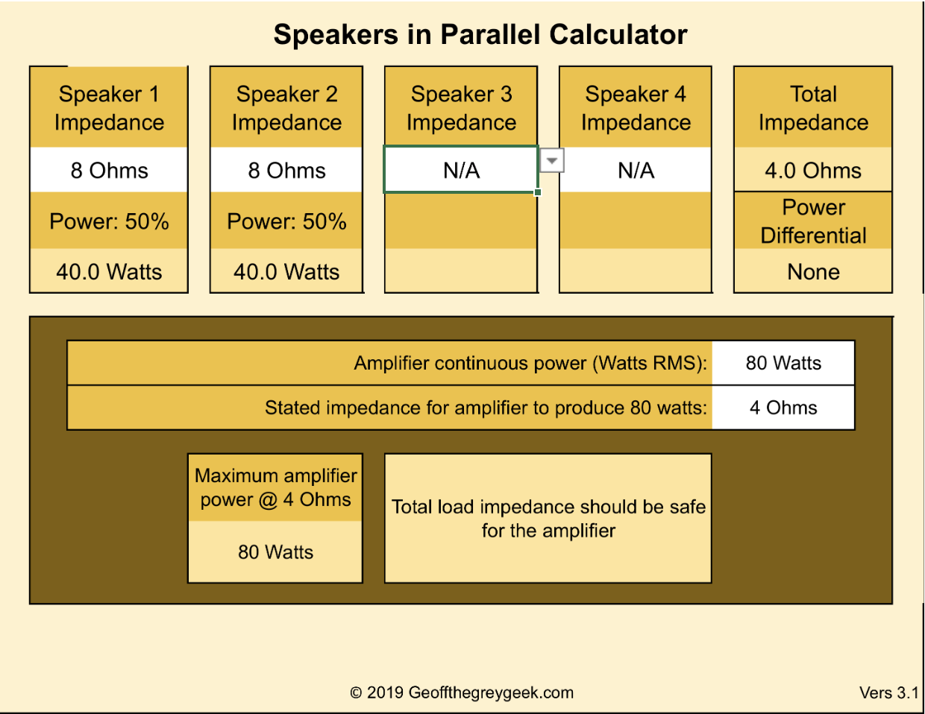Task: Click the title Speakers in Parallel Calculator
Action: [480, 35]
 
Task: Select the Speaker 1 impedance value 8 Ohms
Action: [109, 171]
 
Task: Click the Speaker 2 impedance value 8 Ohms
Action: [286, 171]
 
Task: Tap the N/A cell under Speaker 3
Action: [461, 171]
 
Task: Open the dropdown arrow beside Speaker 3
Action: [551, 160]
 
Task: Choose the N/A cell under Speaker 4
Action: [636, 171]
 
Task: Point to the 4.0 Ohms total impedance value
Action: [813, 171]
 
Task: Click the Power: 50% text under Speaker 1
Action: [109, 221]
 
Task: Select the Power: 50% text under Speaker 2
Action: [286, 221]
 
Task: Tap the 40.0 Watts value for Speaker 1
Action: [109, 272]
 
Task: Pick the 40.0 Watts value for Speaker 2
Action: [286, 272]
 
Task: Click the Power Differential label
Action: [813, 221]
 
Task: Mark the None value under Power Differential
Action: [813, 272]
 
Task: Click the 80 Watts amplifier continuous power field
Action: [783, 363]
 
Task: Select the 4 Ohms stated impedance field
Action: [783, 408]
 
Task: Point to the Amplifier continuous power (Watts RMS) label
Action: [530, 363]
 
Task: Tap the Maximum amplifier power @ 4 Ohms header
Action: [275, 487]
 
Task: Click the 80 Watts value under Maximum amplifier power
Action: [275, 552]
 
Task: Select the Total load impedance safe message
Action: [548, 519]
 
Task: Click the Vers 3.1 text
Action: [888, 693]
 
